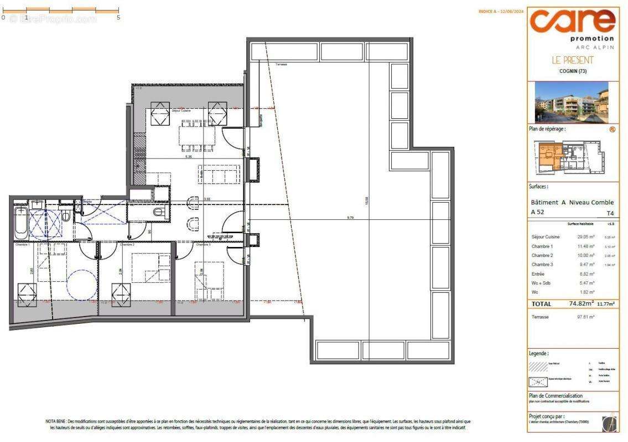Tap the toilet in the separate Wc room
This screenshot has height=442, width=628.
pyautogui.click(x=159, y=212)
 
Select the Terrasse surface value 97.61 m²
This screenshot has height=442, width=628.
pyautogui.click(x=584, y=318)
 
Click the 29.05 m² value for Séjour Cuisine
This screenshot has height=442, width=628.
pyautogui.click(x=584, y=237)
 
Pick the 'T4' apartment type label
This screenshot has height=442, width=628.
pyautogui.click(x=610, y=213)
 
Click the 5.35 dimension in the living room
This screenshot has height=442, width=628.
pyautogui.click(x=189, y=156)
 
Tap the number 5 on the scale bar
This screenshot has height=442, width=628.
pyautogui.click(x=118, y=18)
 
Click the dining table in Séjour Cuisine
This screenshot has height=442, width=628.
pyautogui.click(x=196, y=135)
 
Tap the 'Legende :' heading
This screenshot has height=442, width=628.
pyautogui.click(x=539, y=353)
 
